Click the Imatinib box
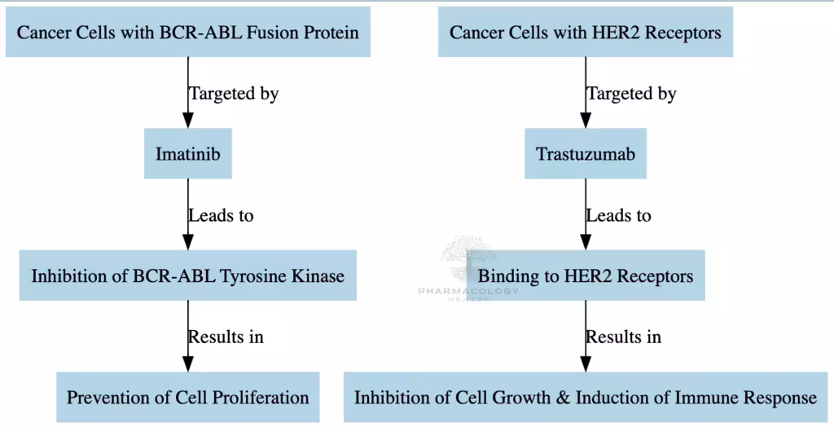[x=188, y=153]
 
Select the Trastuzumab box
[x=585, y=153]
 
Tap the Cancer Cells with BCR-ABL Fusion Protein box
[x=188, y=32]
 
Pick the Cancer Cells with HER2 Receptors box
[x=585, y=32]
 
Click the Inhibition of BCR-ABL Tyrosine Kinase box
[x=188, y=276]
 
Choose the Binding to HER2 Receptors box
[x=585, y=276]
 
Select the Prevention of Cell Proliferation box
[x=188, y=398]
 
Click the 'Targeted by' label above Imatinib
[x=234, y=93]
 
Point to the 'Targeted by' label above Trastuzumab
[x=631, y=93]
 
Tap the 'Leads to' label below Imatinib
[x=221, y=215]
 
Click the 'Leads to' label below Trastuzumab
[x=618, y=215]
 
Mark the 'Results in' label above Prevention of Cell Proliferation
[x=226, y=337]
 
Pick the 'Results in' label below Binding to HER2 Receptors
[x=623, y=337]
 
